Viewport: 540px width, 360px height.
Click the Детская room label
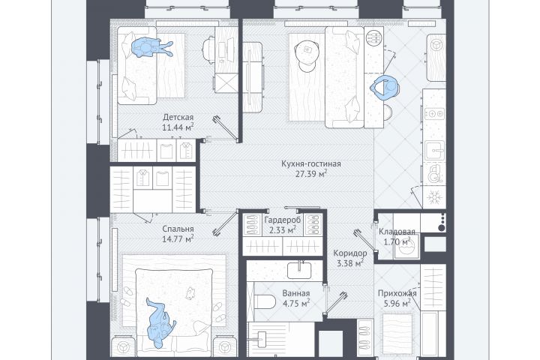click(178, 117)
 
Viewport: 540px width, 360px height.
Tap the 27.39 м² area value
click(311, 174)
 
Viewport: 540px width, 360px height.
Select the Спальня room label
click(178, 229)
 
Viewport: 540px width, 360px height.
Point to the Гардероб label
click(283, 220)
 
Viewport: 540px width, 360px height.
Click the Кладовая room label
click(397, 232)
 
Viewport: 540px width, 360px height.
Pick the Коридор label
click(350, 253)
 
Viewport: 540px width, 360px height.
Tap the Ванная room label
click(296, 293)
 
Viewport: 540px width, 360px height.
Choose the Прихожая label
click(397, 293)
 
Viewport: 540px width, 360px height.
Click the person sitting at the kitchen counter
click(385, 88)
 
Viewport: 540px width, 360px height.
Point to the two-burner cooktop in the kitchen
click(434, 113)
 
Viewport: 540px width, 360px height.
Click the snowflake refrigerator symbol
click(434, 198)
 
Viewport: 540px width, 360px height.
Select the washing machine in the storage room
click(407, 246)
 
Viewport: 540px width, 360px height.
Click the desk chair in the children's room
click(209, 50)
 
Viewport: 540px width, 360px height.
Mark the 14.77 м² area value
click(178, 238)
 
